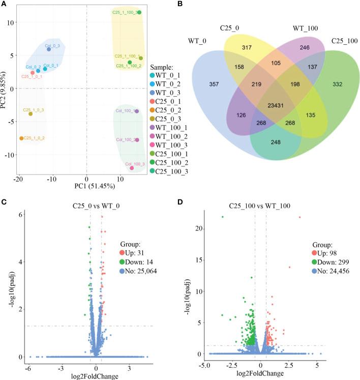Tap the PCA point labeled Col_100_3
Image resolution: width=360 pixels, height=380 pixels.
point(132,168)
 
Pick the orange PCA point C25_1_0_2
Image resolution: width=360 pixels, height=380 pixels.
point(21,138)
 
